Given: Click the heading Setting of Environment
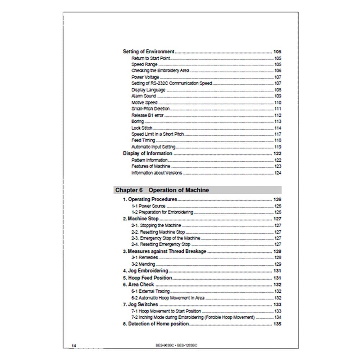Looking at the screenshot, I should coord(149,51).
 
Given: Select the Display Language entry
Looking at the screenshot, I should coord(148,90).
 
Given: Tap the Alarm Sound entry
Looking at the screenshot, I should coord(144,96).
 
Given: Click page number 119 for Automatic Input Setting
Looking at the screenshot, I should coord(278,147).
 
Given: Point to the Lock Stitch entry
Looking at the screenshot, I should coord(142,128).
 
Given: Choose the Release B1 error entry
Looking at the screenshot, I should coord(147,115).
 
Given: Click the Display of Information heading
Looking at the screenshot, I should coord(148,153).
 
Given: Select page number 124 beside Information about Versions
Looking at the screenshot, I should coord(278,173).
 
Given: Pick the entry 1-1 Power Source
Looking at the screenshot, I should coord(148,206).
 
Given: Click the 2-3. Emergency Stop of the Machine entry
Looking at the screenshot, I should coord(166,238).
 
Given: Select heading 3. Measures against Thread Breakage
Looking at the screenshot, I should coord(165,251).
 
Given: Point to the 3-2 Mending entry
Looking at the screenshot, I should coord(143,264).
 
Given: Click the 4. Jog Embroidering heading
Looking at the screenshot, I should coord(145,271).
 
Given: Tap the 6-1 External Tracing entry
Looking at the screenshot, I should coord(150,291).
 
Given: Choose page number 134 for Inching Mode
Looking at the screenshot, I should coord(278,317).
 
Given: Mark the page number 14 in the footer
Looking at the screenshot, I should coord(74,346).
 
